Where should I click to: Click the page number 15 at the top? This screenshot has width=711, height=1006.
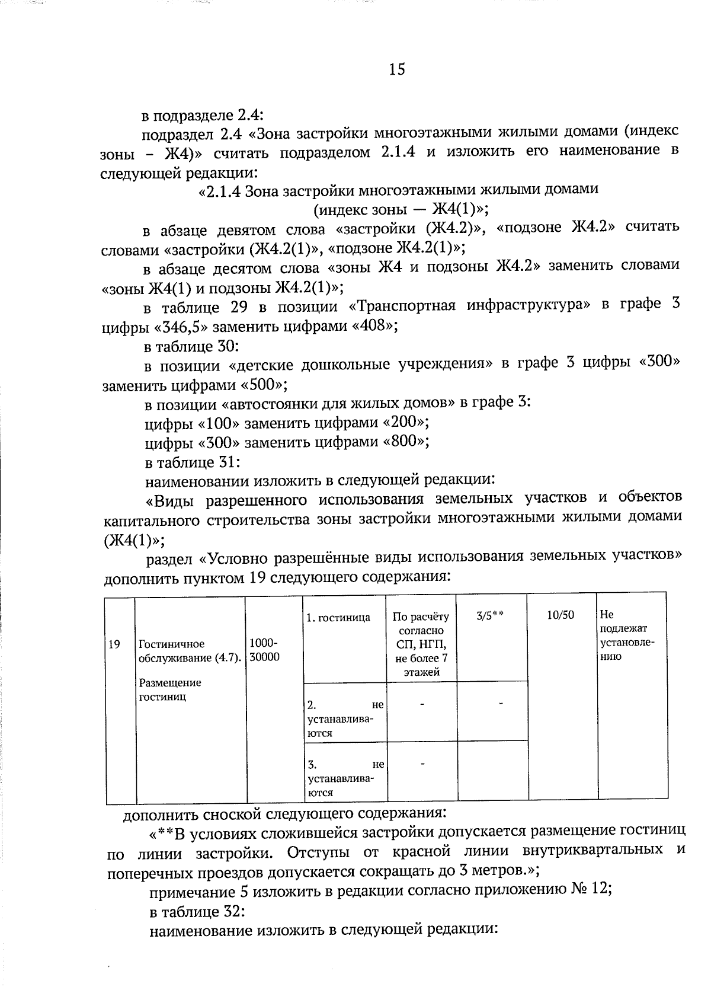tap(397, 70)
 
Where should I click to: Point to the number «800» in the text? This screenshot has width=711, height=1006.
tap(406, 442)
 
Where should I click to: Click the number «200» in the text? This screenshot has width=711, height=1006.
tap(406, 423)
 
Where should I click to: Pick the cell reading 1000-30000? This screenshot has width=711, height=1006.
tap(264, 650)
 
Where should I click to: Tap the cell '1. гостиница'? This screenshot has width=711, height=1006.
tap(338, 618)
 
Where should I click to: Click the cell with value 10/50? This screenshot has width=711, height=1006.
tap(560, 615)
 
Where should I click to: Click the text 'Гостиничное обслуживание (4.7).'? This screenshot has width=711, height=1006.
tap(190, 651)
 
